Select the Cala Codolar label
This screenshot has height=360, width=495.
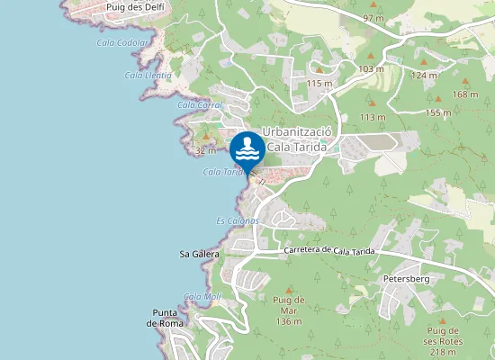point(123,42)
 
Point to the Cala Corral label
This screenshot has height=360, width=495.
point(199,105)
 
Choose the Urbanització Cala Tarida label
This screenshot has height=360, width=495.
point(297,139)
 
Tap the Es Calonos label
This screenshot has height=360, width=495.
point(238,220)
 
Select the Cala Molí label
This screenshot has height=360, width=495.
point(202,296)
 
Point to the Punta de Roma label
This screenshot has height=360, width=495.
point(168,318)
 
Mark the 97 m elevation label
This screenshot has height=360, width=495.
point(373,18)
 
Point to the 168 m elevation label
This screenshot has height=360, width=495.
point(465,94)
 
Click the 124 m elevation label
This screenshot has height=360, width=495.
point(424,75)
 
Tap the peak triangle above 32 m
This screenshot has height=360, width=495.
point(206,138)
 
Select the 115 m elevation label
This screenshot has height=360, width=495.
point(319,83)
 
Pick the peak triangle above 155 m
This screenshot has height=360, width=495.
point(438,99)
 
